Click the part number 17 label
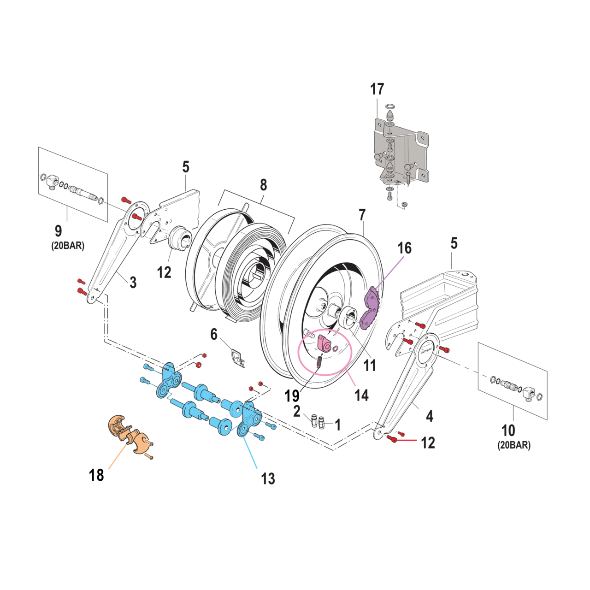click(377, 89)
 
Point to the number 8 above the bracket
click(263, 185)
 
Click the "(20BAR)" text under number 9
click(68, 246)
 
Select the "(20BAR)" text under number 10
click(514, 445)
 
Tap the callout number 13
click(268, 478)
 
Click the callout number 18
click(96, 475)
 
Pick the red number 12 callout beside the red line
click(428, 443)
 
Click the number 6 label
click(214, 334)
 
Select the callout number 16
click(404, 248)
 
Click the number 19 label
click(292, 395)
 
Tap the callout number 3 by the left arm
click(133, 282)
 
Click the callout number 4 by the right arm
click(430, 416)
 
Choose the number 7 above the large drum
click(362, 215)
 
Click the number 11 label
click(370, 366)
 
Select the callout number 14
click(361, 395)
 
